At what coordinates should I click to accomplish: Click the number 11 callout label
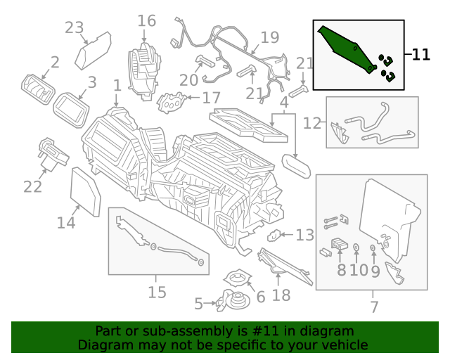[420, 55]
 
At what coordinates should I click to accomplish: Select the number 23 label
[74, 27]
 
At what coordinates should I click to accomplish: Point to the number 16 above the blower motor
[146, 21]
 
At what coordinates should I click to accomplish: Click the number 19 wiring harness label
[269, 37]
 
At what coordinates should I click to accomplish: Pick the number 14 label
[66, 223]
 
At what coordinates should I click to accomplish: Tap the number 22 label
[32, 186]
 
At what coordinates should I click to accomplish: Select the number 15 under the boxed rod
[157, 292]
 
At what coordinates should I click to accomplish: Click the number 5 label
[198, 304]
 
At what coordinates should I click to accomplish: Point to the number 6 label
[261, 297]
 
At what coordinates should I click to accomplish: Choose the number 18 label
[281, 296]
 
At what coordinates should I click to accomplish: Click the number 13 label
[305, 235]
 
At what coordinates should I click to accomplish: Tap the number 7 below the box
[374, 307]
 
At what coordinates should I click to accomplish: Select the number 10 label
[358, 270]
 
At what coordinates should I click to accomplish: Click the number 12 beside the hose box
[312, 123]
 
